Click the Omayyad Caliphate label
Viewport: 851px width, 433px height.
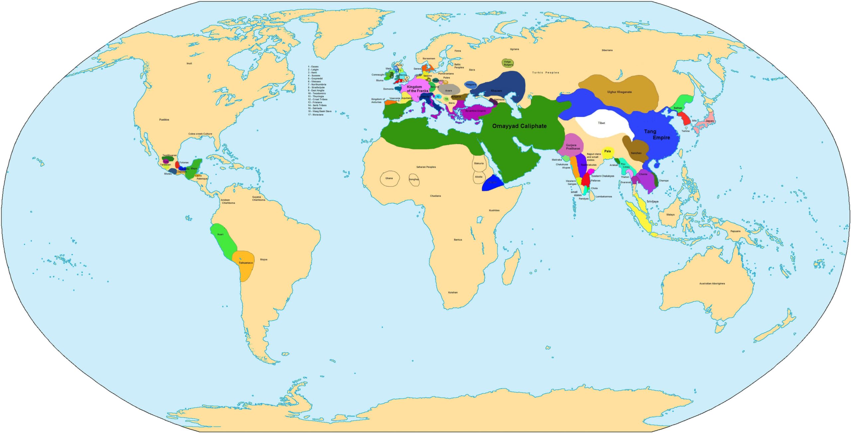point(519,126)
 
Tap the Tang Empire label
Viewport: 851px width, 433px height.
point(657,134)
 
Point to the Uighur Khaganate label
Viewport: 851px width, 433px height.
point(619,92)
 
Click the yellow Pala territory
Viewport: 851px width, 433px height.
point(608,152)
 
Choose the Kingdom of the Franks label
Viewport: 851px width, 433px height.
point(417,89)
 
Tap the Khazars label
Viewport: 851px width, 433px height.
point(496,91)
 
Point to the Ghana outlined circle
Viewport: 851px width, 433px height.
point(389,178)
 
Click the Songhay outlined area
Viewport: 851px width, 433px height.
point(414,179)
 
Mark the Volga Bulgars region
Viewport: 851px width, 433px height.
point(508,63)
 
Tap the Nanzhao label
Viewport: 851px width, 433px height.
point(636,153)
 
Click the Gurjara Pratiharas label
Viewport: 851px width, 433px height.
point(573,147)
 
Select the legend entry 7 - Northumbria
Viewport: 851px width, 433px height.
point(317,84)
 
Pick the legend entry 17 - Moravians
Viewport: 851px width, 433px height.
point(315,115)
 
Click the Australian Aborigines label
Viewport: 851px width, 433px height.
point(712,283)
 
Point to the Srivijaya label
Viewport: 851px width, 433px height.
point(652,201)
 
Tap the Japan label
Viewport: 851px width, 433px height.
point(709,121)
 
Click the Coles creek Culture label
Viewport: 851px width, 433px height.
point(200,134)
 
